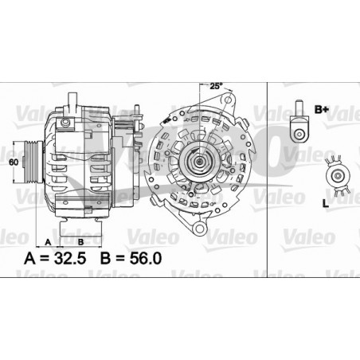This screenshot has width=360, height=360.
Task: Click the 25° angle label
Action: (215, 86)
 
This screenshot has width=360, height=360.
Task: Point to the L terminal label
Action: (326, 205)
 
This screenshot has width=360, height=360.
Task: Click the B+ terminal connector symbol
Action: (299, 120)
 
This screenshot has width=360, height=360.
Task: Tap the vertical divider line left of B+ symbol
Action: (268, 159)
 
